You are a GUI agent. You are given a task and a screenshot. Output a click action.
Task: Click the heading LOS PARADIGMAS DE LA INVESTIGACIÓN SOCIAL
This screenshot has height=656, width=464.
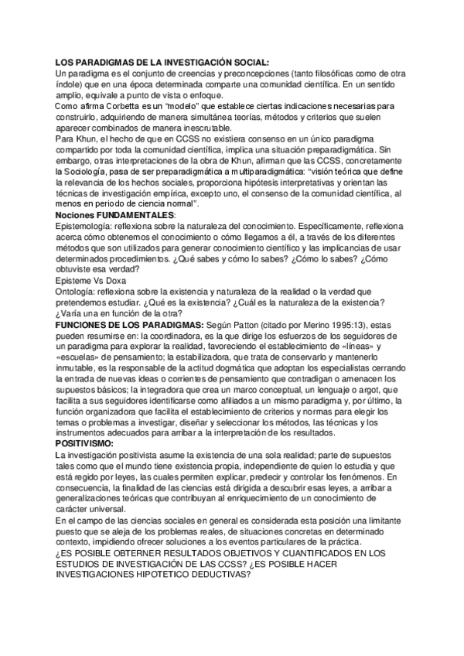162,62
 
